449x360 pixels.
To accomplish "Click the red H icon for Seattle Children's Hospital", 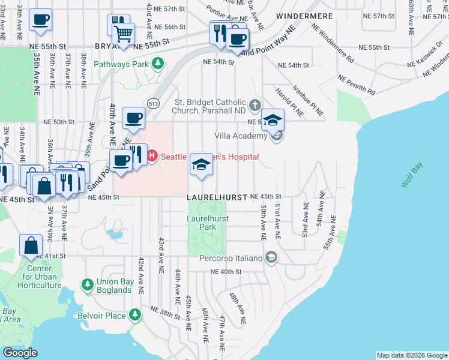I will click(x=152, y=156).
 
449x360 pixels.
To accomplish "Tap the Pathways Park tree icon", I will click(x=158, y=63).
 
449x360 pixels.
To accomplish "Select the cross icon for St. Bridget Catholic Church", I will click(x=255, y=106).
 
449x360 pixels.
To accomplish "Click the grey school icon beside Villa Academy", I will click(x=277, y=137).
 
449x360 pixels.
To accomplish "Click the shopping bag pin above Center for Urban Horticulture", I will click(x=31, y=246).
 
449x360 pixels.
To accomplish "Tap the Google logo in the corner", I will click(x=20, y=353).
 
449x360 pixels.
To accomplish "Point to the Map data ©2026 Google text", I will click(x=411, y=355).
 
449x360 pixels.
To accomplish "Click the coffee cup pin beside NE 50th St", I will click(x=133, y=117).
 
